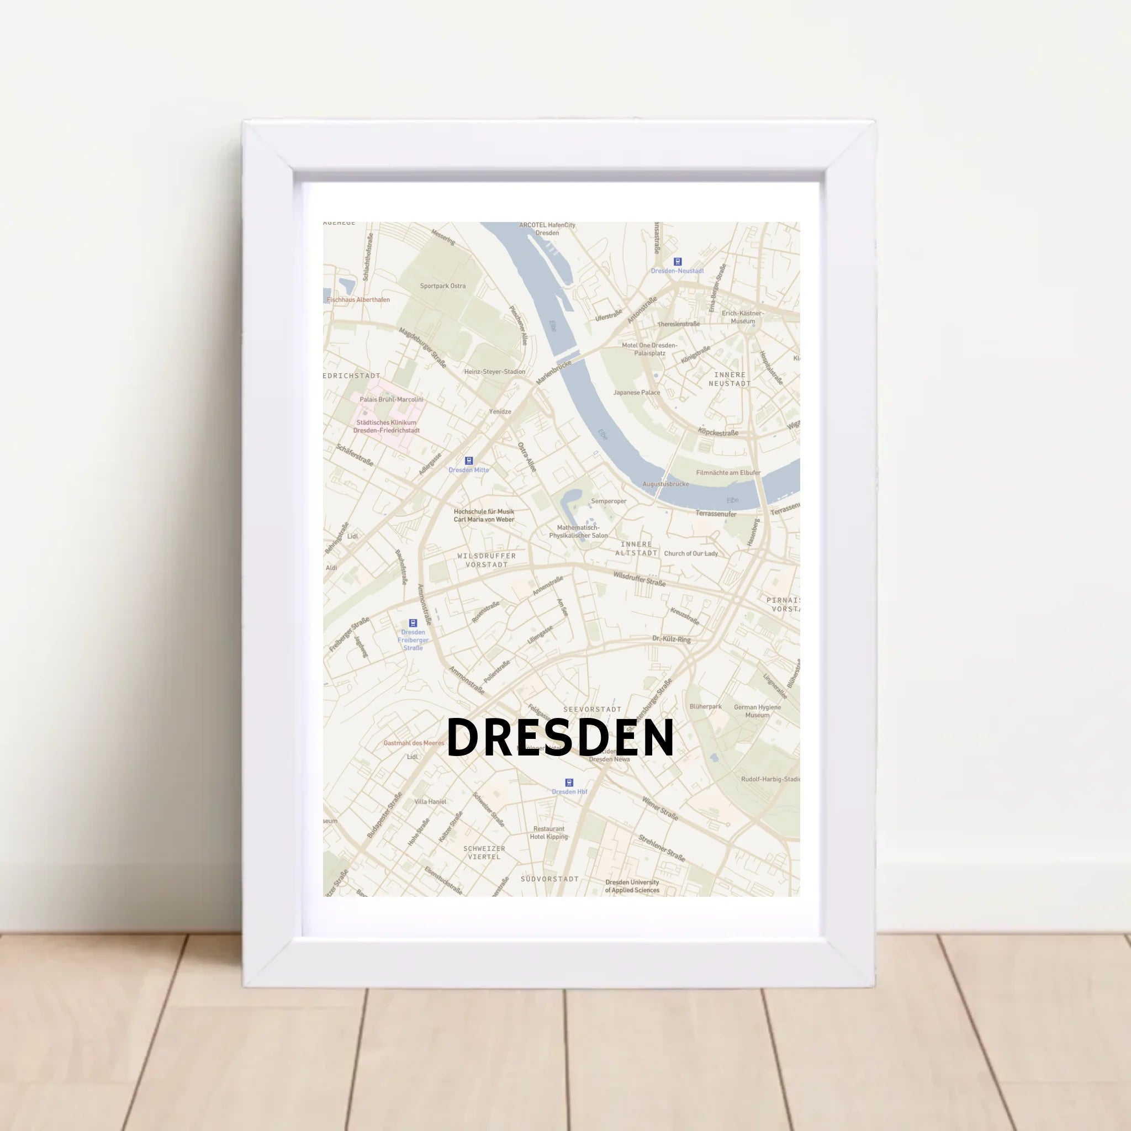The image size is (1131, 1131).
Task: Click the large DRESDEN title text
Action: tap(560, 738)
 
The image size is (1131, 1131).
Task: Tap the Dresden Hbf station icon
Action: tap(569, 782)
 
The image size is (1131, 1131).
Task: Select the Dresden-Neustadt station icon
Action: tap(678, 262)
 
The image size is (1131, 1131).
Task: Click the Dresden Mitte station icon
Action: tap(468, 461)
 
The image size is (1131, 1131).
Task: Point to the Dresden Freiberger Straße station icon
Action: tap(413, 623)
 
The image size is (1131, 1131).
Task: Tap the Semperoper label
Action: tap(609, 501)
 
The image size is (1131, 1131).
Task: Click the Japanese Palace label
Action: tap(636, 392)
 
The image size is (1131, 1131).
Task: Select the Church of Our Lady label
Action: tap(691, 553)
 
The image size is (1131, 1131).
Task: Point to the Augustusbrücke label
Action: tap(665, 484)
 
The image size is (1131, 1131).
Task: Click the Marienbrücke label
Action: tap(553, 372)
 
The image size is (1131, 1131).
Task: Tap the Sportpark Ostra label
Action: tap(442, 286)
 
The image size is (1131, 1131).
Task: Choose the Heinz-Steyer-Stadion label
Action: tap(495, 371)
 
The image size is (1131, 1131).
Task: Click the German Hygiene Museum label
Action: tap(758, 711)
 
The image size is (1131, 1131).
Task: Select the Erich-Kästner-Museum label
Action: tap(743, 316)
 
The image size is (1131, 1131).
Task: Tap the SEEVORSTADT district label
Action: tap(593, 709)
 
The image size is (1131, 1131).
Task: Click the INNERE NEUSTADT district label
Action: tap(730, 379)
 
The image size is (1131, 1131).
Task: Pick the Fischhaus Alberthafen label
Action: tap(358, 300)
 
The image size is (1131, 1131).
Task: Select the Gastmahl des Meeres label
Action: tap(414, 743)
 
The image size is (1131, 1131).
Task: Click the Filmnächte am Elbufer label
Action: tap(728, 472)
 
